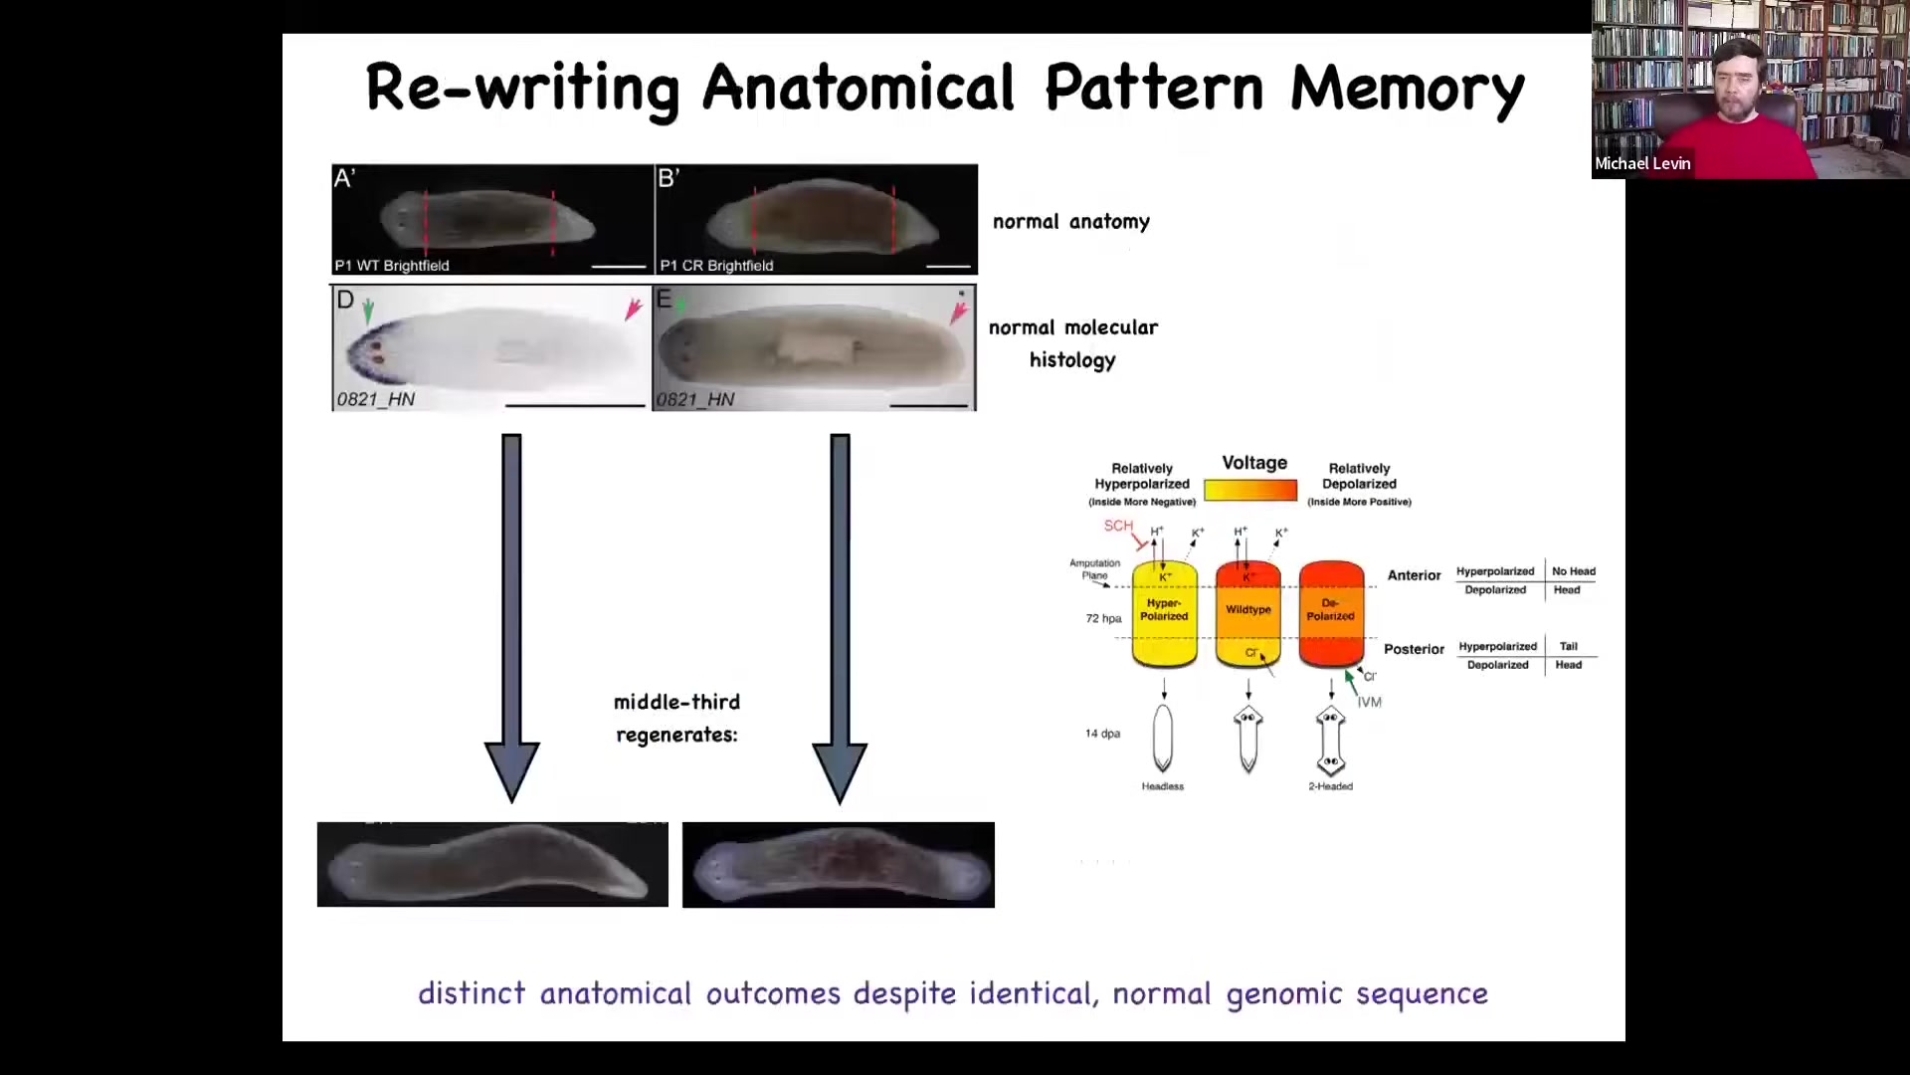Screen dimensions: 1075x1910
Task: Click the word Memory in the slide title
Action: click(1407, 88)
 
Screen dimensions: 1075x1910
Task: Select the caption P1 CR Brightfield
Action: click(716, 266)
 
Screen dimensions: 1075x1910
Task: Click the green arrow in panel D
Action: click(368, 311)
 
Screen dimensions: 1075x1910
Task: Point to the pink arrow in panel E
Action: click(958, 313)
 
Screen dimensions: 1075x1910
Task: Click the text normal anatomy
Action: click(1070, 222)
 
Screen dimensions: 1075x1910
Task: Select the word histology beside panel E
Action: click(1071, 360)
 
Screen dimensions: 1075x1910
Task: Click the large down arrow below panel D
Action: click(511, 617)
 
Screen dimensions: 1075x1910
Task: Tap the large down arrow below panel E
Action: click(840, 617)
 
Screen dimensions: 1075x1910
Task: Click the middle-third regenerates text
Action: click(676, 719)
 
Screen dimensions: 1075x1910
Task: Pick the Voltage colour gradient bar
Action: click(1250, 490)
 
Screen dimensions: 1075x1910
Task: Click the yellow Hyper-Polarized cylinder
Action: click(1164, 612)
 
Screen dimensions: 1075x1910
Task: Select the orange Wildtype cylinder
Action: click(1247, 612)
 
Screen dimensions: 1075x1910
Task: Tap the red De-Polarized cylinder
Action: click(1331, 612)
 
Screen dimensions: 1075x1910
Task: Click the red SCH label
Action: click(1118, 526)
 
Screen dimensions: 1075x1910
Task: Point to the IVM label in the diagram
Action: click(1370, 703)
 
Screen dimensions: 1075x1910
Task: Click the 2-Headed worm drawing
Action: click(1330, 742)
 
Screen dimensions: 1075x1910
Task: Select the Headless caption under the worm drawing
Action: click(1163, 786)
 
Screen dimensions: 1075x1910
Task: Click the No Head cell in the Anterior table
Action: click(1573, 571)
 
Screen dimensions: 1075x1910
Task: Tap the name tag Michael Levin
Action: click(1642, 164)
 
